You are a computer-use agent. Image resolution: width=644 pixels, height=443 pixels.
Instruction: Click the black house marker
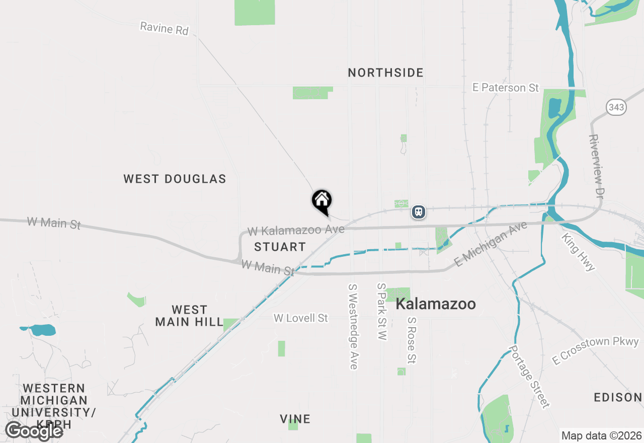(x=322, y=201)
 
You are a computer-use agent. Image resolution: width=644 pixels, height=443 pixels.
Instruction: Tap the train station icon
(x=419, y=212)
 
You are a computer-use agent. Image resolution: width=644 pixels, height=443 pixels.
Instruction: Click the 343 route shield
(x=616, y=107)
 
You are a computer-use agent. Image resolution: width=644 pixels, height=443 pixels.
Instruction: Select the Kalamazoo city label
(x=436, y=304)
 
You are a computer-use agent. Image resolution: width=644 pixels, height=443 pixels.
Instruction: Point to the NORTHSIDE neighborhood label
(x=386, y=73)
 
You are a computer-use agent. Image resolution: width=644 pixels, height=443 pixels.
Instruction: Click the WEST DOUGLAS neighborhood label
(x=175, y=179)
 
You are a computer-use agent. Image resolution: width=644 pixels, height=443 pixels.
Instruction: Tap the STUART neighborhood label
(x=280, y=247)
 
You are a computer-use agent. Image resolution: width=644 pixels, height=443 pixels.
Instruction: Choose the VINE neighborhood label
(x=295, y=419)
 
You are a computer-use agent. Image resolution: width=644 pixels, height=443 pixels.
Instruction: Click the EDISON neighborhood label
(x=618, y=398)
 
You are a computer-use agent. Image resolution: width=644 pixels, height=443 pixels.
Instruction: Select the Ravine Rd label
(x=164, y=28)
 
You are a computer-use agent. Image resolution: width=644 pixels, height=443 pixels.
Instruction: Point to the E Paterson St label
(x=506, y=88)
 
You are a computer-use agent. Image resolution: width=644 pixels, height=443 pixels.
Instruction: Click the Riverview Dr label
(x=596, y=166)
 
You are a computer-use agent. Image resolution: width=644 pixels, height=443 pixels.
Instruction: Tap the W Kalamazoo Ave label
(x=296, y=231)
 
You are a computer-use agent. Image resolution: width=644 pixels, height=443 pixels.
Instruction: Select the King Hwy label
(x=579, y=252)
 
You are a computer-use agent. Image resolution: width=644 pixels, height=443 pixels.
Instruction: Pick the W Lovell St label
(x=301, y=318)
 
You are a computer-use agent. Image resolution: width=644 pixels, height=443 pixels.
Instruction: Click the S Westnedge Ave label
(x=353, y=326)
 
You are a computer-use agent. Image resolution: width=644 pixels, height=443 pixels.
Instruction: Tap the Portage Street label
(x=529, y=376)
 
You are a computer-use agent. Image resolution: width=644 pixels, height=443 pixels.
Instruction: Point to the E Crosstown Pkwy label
(x=595, y=350)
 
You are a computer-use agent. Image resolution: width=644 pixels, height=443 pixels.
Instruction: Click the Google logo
(x=34, y=431)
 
